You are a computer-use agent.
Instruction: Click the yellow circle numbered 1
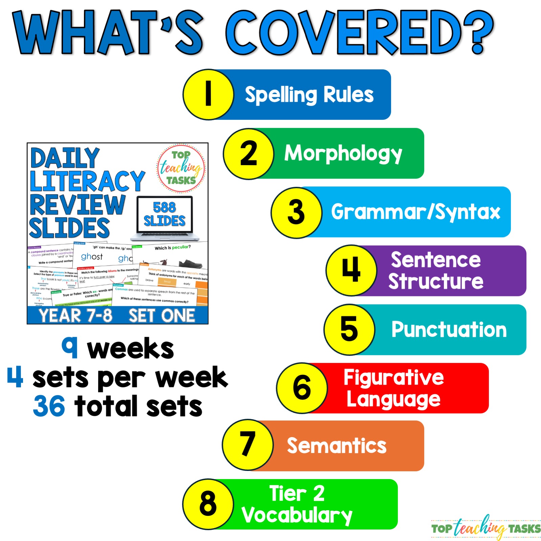[x=208, y=94]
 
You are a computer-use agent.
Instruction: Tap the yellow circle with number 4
[x=351, y=270]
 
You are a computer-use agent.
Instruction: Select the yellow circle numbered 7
[x=248, y=445]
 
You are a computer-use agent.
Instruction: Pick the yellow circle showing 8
[x=208, y=504]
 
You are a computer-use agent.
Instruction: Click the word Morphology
[x=343, y=154]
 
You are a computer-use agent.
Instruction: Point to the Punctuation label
[x=449, y=330]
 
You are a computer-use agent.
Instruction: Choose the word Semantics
[x=337, y=446]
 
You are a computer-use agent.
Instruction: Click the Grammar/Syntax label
[x=415, y=212]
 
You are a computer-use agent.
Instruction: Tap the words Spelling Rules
[x=309, y=95]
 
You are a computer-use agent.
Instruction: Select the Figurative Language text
[x=393, y=388]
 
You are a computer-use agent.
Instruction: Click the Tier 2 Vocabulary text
[x=297, y=504]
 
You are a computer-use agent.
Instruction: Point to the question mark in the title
[x=478, y=32]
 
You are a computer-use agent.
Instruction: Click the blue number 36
[x=49, y=406]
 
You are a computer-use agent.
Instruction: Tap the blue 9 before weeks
[x=70, y=347]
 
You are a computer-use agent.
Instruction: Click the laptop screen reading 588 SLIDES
[x=164, y=214]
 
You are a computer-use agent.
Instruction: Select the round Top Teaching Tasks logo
[x=181, y=168]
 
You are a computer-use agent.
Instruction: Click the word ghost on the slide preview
[x=92, y=257]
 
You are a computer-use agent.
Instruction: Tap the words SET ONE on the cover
[x=162, y=315]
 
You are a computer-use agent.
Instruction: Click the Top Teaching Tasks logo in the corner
[x=486, y=528]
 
